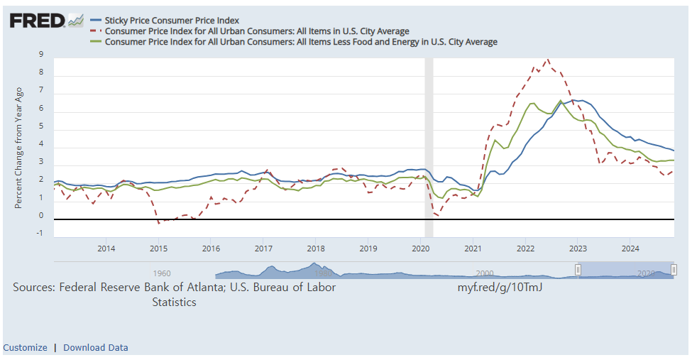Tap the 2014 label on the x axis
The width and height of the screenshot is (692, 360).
106,249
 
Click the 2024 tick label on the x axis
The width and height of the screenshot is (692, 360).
630,249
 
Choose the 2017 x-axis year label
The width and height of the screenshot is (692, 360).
263,249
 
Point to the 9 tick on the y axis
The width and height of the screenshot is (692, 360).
41,55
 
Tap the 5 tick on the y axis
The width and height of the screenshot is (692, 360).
41,126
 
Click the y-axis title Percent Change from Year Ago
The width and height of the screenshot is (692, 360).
19,148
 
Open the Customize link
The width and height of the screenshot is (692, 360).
25,347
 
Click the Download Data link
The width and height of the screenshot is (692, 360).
96,347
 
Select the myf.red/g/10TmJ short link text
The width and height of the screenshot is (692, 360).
500,288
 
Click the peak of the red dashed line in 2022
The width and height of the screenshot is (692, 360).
547,60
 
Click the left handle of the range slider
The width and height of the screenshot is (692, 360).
578,270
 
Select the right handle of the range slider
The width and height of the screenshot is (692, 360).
674,270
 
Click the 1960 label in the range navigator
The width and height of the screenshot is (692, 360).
162,273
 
